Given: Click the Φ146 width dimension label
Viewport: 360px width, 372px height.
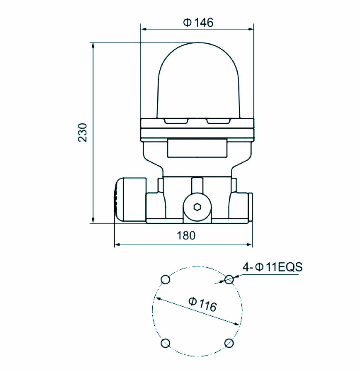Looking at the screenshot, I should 198,23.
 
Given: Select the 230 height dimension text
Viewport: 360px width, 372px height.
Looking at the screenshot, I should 83,133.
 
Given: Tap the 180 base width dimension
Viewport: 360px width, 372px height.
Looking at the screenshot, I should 186,235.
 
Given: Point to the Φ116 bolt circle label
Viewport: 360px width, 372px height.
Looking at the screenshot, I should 202,304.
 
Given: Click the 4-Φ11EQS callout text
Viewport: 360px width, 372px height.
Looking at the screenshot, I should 272,268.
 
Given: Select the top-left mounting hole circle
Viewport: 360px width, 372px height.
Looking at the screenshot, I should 165,279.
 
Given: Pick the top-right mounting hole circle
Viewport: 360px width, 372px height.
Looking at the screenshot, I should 229,279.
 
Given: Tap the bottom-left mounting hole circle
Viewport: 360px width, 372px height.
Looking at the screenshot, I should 165,343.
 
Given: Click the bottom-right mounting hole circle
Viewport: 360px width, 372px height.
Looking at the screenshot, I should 229,343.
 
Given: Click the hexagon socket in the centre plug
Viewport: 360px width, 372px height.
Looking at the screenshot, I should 197,207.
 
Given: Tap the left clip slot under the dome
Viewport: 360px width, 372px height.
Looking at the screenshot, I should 176,121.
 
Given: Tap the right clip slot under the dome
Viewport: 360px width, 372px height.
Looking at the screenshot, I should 218,121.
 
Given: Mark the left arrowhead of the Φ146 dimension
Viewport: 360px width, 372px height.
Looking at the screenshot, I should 143,29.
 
